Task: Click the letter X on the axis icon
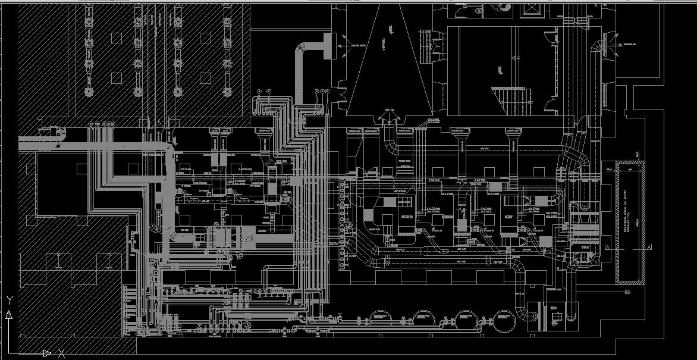[x=61, y=353]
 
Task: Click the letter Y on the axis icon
[x=10, y=300]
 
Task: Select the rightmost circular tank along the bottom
[x=503, y=321]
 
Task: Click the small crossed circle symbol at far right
[x=626, y=293]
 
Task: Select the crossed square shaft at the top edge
[x=529, y=9]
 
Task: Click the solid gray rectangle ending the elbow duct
[x=326, y=45]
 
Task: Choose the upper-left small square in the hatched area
[x=117, y=38]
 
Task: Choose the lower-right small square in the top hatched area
[x=205, y=77]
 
